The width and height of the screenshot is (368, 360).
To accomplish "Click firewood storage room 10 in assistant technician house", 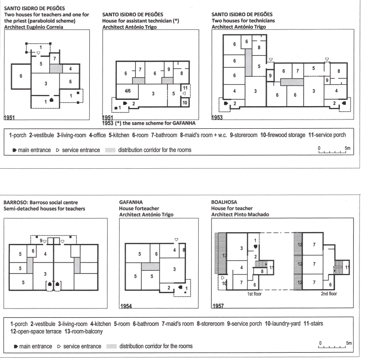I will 184,102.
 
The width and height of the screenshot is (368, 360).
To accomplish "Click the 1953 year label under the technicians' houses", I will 217,118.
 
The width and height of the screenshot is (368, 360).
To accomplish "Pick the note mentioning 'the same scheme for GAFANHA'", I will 150,123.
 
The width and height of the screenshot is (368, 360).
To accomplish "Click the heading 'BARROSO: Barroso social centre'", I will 40,202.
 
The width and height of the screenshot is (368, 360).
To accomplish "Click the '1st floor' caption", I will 253,294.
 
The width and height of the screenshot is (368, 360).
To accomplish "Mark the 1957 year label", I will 217,305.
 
